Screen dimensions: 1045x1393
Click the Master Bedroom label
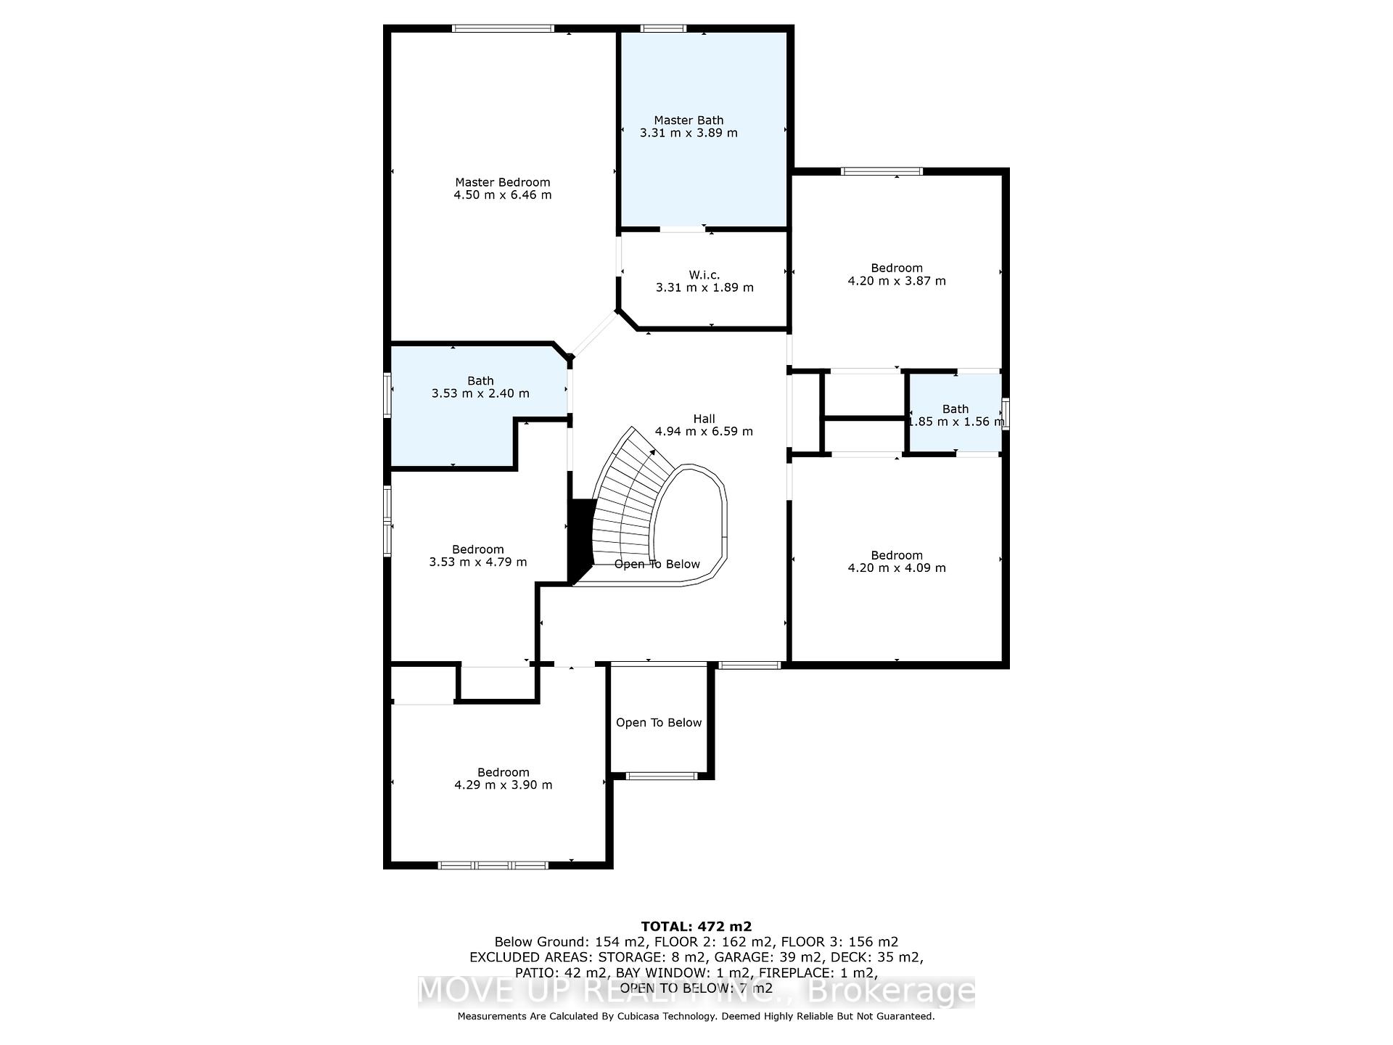(502, 182)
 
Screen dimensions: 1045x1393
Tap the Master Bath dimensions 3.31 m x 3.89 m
(689, 134)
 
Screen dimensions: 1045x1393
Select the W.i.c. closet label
(704, 274)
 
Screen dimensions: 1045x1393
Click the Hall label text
(704, 419)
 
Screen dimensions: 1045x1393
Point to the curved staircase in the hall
(624, 501)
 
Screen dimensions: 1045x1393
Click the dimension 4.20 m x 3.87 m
(897, 281)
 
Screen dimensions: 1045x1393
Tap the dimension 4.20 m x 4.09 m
(897, 568)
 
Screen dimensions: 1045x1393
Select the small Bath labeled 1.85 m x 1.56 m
(956, 415)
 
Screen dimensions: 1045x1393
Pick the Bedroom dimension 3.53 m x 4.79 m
(478, 562)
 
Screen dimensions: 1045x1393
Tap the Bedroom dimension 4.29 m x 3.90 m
(503, 785)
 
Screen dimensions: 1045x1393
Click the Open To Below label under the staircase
(657, 565)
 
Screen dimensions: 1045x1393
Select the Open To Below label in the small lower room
(659, 723)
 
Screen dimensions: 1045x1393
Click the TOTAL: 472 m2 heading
(696, 927)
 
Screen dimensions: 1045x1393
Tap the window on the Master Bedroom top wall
(503, 29)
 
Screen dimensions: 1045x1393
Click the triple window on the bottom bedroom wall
(493, 865)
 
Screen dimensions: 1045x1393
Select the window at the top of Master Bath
(663, 29)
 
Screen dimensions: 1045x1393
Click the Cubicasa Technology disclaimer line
(696, 1017)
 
